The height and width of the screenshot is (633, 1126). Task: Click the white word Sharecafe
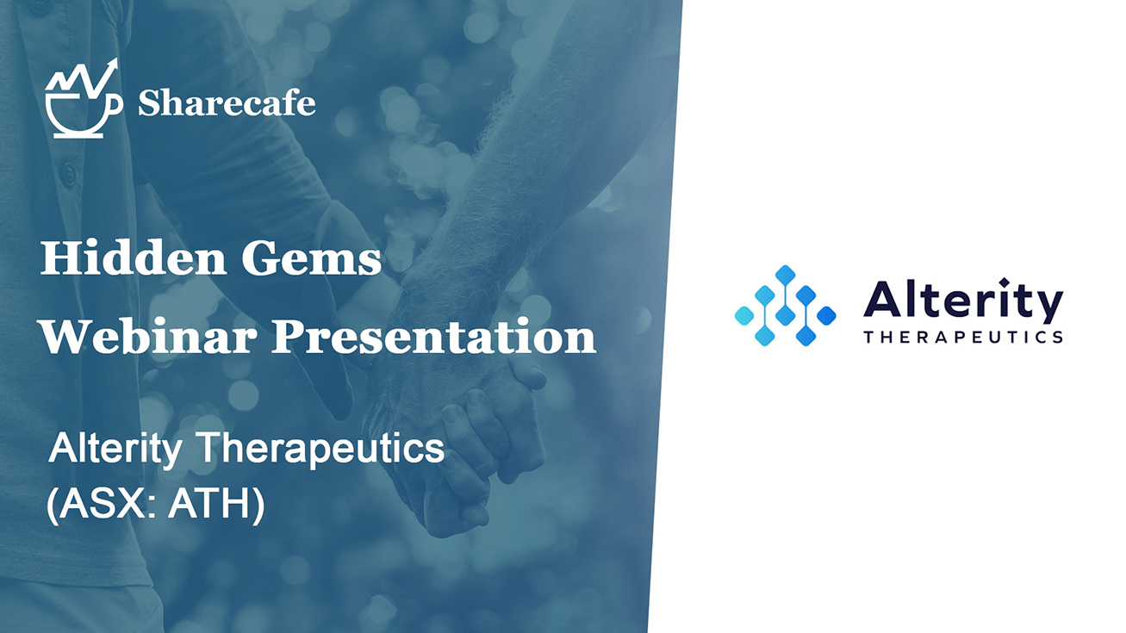227,103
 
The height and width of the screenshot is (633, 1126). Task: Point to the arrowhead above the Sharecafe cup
112,65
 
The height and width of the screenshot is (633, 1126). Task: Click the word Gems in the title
312,258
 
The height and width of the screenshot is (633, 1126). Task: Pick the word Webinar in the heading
148,336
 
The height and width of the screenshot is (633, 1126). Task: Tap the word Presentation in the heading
434,336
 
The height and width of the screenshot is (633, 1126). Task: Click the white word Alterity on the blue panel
115,449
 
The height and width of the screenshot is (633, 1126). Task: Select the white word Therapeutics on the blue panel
320,449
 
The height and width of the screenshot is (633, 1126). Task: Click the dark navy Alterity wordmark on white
963,301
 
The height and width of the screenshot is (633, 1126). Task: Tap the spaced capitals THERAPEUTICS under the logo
963,337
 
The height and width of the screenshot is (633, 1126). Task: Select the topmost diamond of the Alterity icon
785,275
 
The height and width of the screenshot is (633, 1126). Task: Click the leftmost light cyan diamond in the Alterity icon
744,315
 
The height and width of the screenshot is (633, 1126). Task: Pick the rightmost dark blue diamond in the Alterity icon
826,315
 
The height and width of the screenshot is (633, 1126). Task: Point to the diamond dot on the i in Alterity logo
1005,282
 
